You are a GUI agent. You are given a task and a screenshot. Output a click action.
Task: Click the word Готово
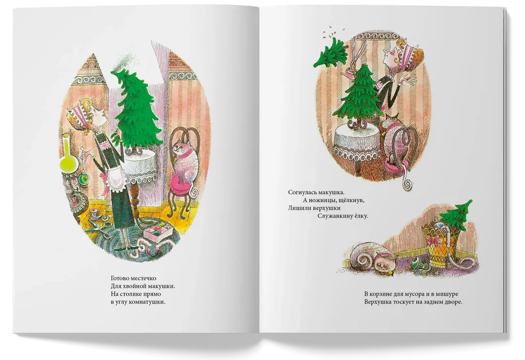[119, 278]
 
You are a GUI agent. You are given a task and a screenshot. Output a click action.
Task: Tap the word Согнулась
[301, 192]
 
